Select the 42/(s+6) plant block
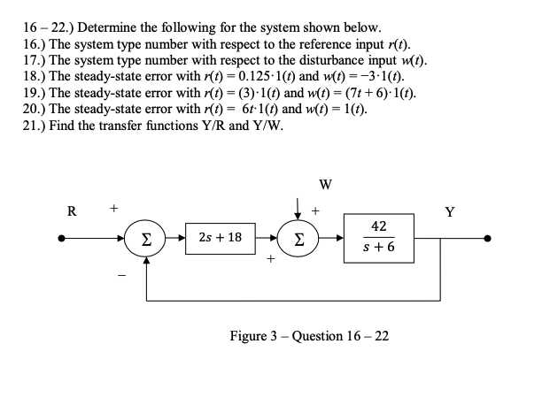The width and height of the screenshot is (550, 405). (378, 237)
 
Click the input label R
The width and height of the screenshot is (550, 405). (72, 211)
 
